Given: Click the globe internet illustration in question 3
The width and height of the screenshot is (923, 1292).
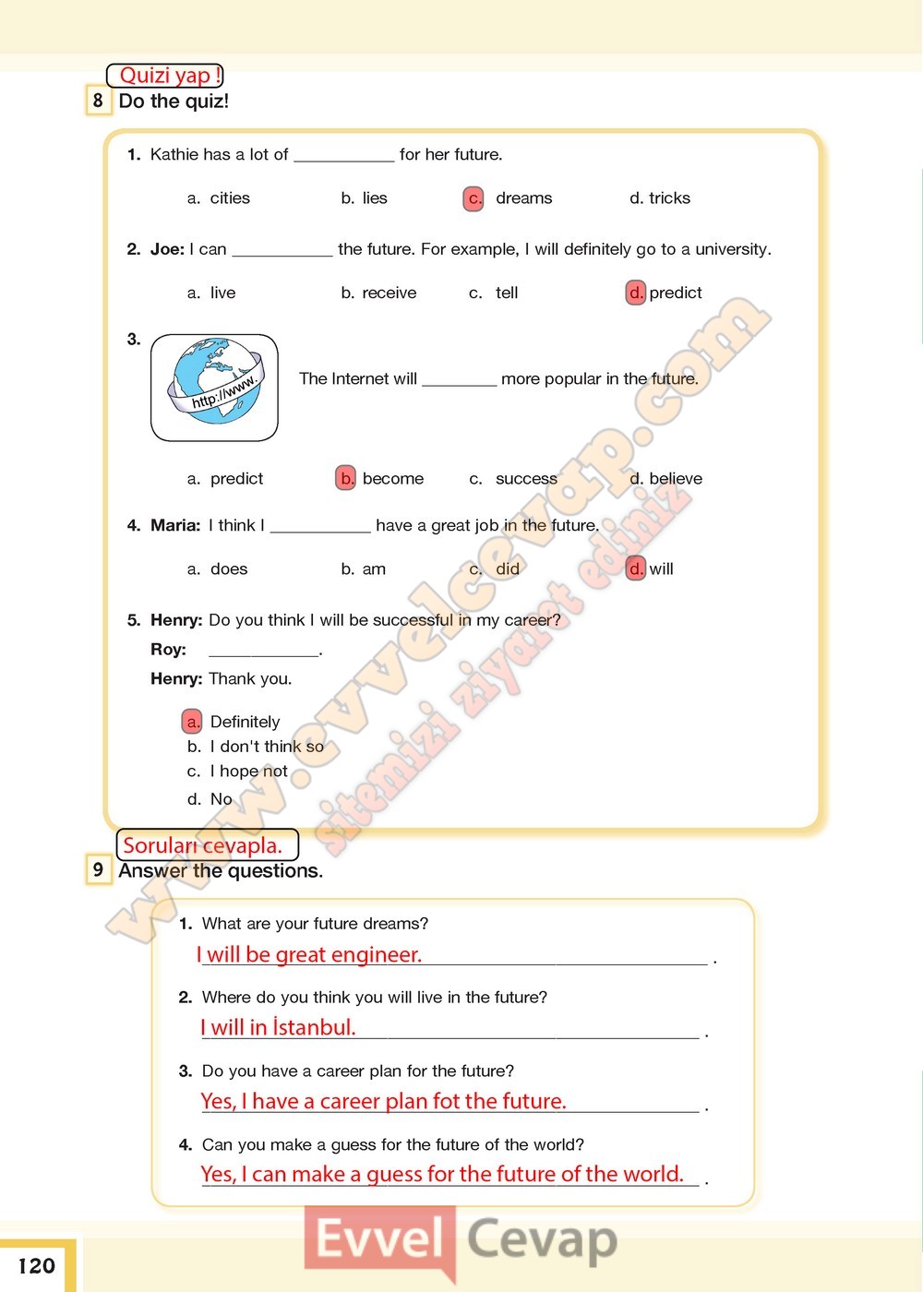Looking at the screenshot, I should point(214,387).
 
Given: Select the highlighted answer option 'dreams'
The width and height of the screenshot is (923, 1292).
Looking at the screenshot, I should point(522,198).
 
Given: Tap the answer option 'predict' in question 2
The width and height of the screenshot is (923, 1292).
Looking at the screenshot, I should point(675,293).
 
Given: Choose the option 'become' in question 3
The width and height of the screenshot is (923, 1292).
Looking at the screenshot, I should point(392,478).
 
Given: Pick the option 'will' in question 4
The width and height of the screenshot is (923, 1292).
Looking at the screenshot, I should point(661,568).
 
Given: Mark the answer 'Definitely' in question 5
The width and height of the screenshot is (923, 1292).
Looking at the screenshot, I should point(245,722).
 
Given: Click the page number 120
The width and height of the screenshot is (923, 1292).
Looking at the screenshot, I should point(37,1265).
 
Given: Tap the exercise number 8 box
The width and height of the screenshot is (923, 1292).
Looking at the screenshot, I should point(98,101).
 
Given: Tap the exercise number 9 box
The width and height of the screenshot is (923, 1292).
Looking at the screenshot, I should point(98,869).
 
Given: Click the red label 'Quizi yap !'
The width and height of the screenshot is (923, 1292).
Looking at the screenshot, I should point(166,76).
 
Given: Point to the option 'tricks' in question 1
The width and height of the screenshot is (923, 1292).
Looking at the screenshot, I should point(669,198).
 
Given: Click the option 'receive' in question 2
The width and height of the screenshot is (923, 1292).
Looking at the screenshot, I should point(389,293).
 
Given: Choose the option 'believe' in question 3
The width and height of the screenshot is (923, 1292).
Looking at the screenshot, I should point(675,478).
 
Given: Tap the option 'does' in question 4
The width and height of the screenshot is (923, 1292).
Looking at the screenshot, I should point(229,568).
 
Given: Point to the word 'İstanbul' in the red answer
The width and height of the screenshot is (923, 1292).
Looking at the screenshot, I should point(314,1027).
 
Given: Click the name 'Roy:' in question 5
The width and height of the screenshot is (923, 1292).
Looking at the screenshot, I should point(168,649).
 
